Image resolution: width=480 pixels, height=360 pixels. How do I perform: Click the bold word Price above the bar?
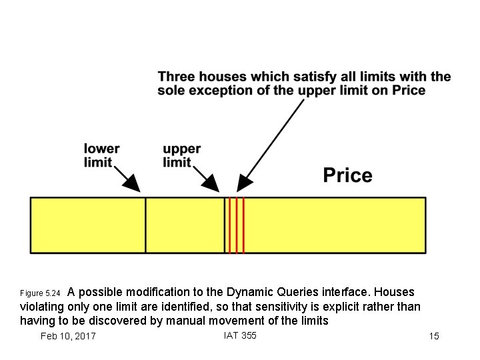[347, 175]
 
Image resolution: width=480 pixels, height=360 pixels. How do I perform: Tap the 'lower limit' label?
[101, 155]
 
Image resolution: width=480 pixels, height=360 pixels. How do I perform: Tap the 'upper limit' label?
[181, 155]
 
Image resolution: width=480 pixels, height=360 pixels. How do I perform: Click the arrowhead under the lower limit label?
[134, 184]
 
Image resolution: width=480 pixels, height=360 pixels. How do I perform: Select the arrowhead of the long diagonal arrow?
[244, 181]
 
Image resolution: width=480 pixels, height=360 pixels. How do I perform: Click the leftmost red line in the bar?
[230, 225]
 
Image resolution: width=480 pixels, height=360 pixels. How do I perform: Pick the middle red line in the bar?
[237, 225]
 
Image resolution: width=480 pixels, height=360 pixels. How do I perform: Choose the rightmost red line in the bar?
[243, 225]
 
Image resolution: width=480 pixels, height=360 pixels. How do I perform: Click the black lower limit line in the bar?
[145, 225]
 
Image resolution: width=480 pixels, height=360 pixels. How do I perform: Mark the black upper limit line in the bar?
[224, 225]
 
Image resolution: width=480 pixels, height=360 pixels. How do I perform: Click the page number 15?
[434, 336]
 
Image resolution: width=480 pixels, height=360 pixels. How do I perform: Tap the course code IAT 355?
[240, 335]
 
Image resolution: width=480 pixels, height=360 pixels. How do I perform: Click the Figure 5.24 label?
[40, 293]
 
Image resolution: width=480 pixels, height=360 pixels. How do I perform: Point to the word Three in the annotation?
[177, 77]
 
